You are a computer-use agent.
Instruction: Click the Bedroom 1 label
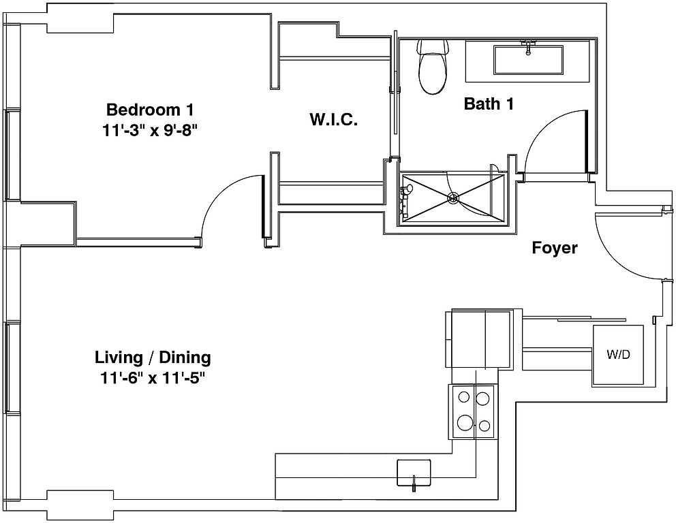click(x=150, y=110)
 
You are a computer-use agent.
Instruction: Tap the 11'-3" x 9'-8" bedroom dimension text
click(x=150, y=130)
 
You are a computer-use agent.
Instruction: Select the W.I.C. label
click(x=334, y=119)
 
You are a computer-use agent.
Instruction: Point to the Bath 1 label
click(x=489, y=104)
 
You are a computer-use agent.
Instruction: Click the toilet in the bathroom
click(x=433, y=67)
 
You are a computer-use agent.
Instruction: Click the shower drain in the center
click(x=452, y=197)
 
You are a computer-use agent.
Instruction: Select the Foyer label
click(x=555, y=248)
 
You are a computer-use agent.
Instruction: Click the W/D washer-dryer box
click(x=618, y=355)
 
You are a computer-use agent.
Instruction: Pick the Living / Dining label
click(x=153, y=357)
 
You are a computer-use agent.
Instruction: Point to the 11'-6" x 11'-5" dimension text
click(x=152, y=378)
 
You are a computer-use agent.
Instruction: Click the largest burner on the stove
click(x=465, y=422)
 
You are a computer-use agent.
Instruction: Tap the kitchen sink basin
click(x=414, y=472)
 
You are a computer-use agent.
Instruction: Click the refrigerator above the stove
click(x=478, y=338)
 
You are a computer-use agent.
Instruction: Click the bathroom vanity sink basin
click(x=528, y=60)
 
